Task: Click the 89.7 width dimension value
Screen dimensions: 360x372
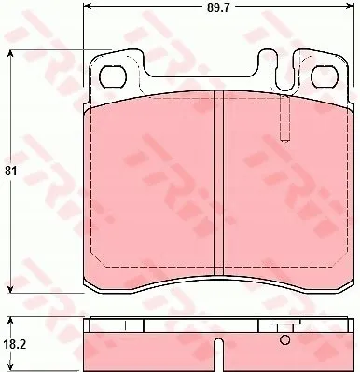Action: coord(218,7)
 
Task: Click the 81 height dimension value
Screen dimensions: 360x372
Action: coord(10,172)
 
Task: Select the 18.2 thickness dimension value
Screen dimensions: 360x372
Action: coord(13,344)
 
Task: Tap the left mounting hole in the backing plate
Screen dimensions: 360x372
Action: coord(112,76)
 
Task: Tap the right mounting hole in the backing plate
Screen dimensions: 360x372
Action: coord(325,76)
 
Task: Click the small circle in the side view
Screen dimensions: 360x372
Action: coord(284,339)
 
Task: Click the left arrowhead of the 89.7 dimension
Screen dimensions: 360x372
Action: coord(88,6)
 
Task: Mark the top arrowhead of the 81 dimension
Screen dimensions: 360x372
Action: coord(11,55)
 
